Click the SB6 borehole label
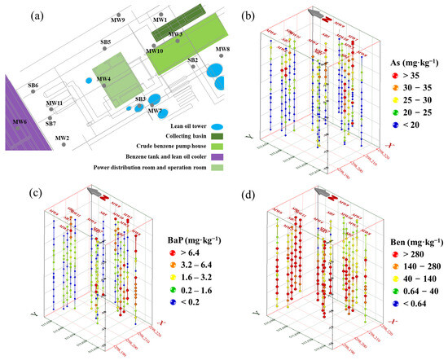pyautogui.click(x=33, y=86)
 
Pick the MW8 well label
pyautogui.click(x=222, y=50)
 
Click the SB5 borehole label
pyautogui.click(x=106, y=42)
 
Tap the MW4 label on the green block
pyautogui.click(x=103, y=78)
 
